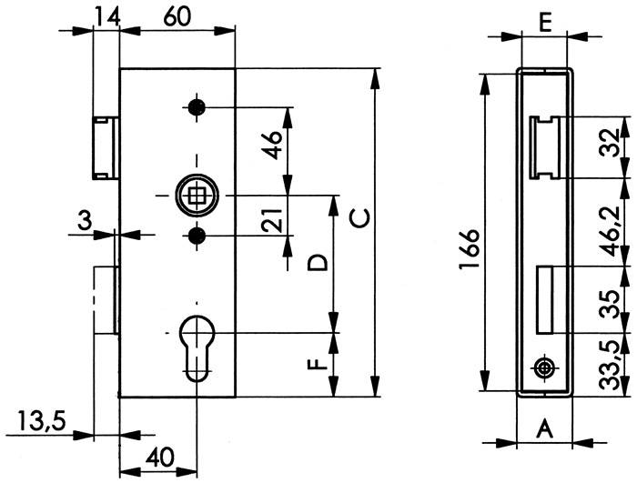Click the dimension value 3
84,219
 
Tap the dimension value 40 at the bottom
159,456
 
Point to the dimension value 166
470,247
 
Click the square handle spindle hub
193,194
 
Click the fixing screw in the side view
544,367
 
